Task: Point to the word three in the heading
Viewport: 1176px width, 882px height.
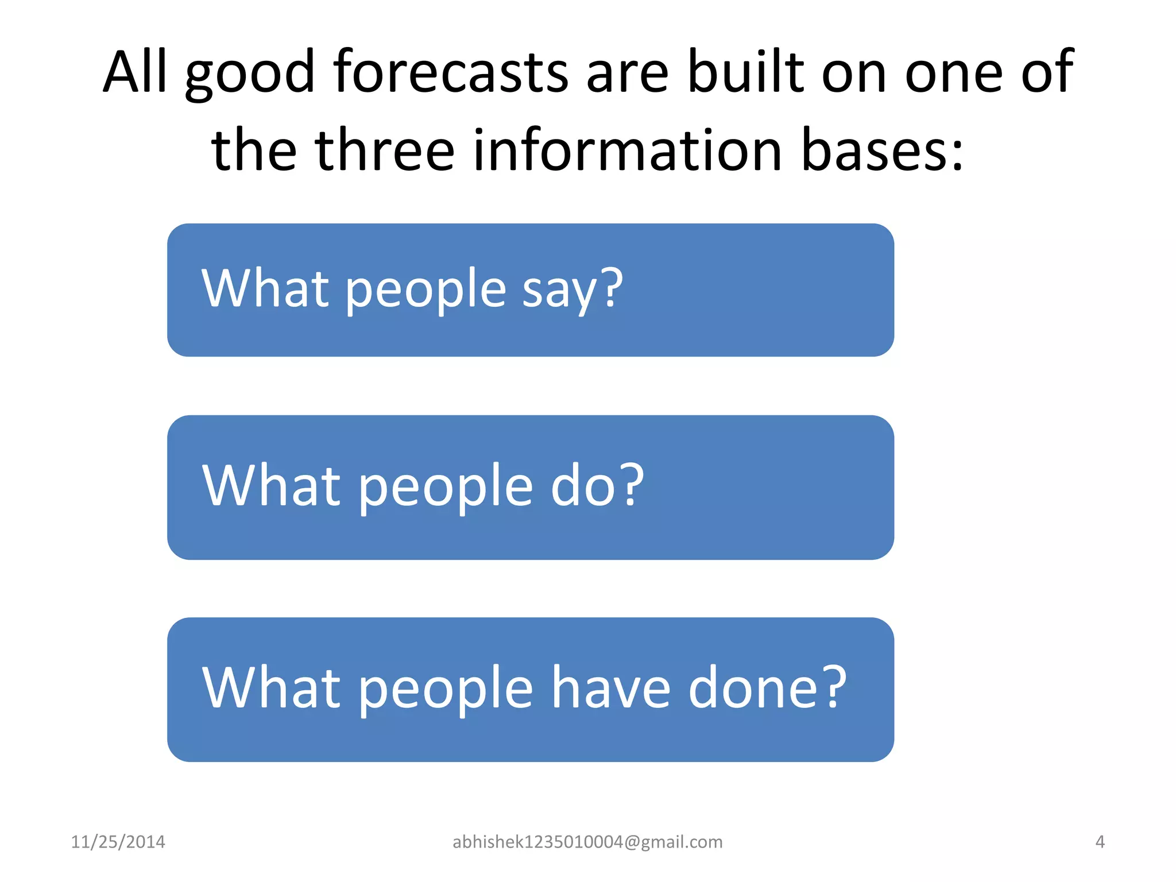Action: point(385,150)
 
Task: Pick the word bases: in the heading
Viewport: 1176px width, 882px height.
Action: point(882,150)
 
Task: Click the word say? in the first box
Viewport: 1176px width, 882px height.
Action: point(572,289)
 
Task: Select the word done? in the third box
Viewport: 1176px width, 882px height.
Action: point(767,688)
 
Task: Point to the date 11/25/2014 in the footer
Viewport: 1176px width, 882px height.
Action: point(118,842)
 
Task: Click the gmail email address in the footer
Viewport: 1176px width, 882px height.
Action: point(587,842)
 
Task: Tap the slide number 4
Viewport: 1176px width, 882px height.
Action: point(1100,842)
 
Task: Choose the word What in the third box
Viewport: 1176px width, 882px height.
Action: point(272,688)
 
